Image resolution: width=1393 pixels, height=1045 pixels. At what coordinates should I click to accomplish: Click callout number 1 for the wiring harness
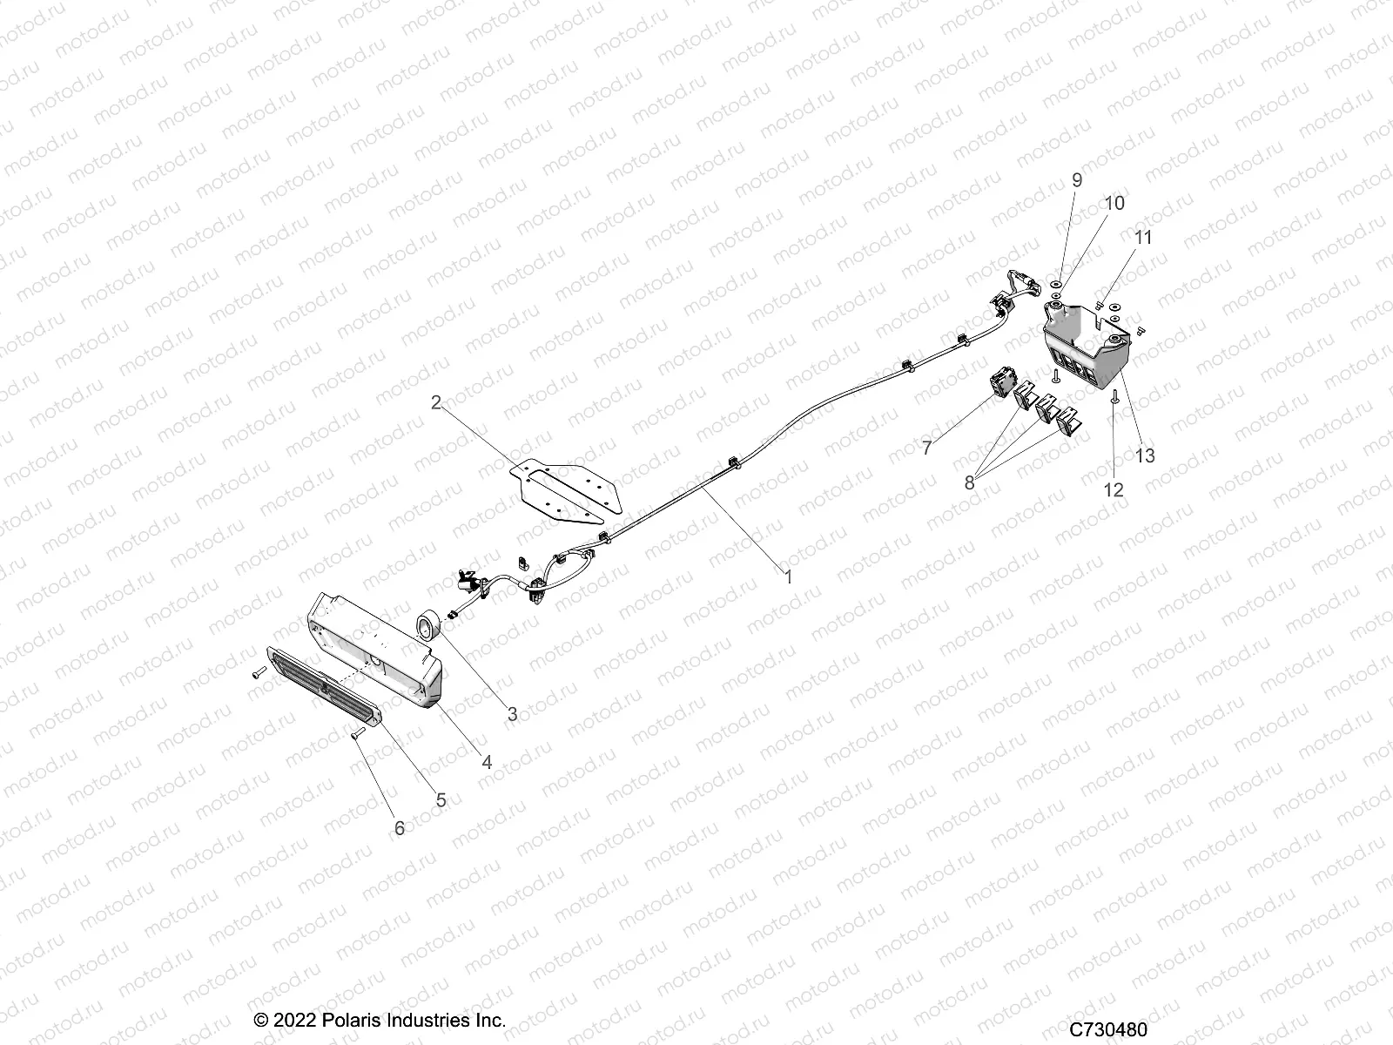pos(788,577)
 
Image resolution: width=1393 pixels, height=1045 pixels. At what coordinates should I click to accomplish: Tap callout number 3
pos(512,714)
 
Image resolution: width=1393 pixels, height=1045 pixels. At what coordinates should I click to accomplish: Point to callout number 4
pos(487,762)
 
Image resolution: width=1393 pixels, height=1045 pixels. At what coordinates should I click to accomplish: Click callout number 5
pos(441,799)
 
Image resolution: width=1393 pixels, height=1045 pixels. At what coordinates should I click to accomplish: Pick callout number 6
pos(400,827)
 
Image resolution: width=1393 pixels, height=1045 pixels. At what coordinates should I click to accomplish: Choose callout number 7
pos(927,448)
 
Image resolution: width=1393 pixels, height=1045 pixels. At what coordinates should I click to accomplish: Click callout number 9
pos(1077,180)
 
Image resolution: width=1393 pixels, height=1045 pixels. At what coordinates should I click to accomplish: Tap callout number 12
pos(1114,489)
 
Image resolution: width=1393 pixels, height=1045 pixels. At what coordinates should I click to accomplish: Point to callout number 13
pos(1145,455)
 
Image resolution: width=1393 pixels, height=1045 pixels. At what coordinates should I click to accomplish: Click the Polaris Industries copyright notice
pos(379,995)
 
